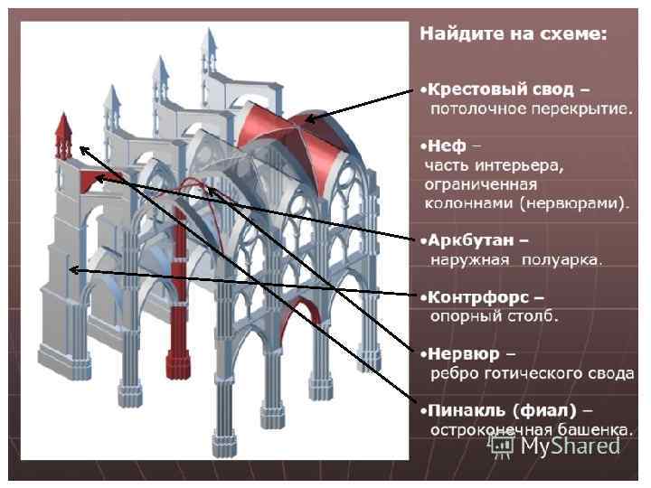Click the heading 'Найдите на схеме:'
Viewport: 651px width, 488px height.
(x=512, y=34)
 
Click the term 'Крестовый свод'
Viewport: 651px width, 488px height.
(x=501, y=89)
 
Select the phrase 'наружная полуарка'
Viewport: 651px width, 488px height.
(x=516, y=260)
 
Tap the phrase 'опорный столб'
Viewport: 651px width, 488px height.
(x=494, y=316)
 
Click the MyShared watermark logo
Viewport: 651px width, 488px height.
(x=556, y=445)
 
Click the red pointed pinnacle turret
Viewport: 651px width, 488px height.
(x=64, y=136)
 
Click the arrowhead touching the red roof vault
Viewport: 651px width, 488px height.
(x=310, y=117)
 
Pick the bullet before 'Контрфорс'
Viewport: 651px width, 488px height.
(x=422, y=296)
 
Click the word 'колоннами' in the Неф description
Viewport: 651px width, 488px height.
(x=469, y=202)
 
